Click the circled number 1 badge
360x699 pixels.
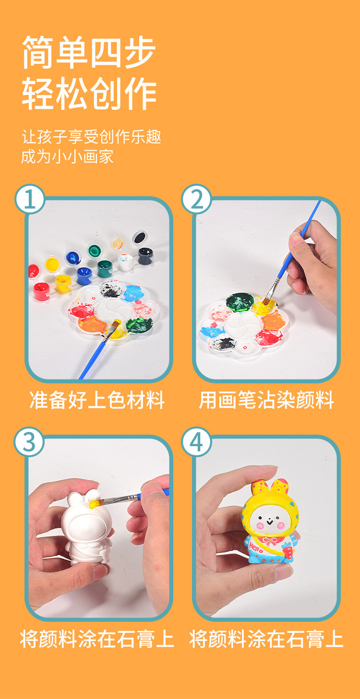click(x=30, y=199)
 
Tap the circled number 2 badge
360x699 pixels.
click(x=197, y=199)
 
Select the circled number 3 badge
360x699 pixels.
click(x=30, y=442)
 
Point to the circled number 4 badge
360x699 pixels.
click(x=197, y=442)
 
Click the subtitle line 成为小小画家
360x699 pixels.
click(x=67, y=156)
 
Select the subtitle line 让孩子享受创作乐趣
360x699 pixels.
click(x=91, y=137)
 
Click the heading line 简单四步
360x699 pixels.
click(x=89, y=53)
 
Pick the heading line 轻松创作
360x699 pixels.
click(x=89, y=95)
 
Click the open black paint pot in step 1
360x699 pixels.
click(x=140, y=237)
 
